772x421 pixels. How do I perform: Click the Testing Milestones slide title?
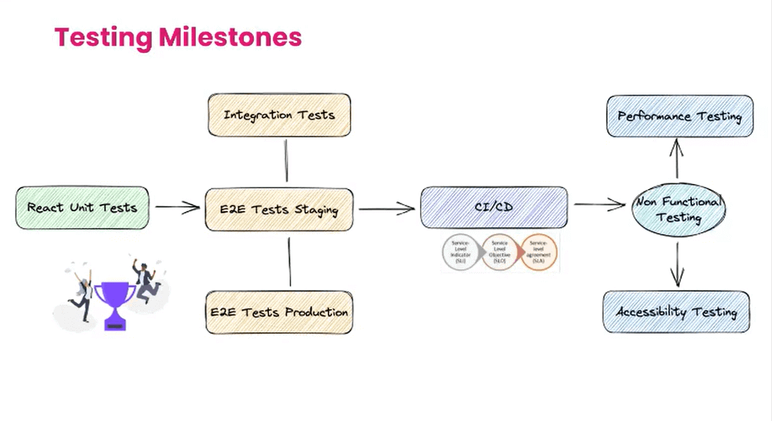(177, 37)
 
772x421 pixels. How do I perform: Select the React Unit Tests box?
(82, 208)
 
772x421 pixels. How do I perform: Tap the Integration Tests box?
(279, 115)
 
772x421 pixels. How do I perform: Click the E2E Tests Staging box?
(279, 210)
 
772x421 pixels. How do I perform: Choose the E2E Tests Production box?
(279, 312)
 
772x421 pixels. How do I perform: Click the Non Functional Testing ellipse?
(678, 209)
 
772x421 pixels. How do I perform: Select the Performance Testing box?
(680, 116)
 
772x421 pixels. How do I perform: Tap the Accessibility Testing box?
(677, 312)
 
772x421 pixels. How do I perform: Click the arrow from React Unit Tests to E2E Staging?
(177, 208)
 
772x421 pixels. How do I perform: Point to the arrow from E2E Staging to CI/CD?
(386, 209)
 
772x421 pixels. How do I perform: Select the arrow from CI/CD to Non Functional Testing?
(600, 205)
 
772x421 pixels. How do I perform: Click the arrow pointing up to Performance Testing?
(677, 158)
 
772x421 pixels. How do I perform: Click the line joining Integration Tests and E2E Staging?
(286, 161)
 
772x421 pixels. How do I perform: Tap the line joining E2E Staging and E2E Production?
(290, 261)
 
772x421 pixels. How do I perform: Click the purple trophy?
(114, 304)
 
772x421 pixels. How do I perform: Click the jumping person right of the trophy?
(146, 280)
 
